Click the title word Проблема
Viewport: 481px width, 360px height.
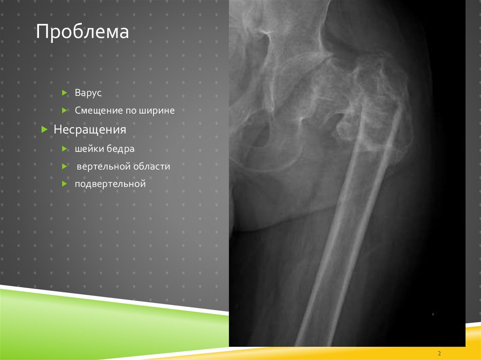pyautogui.click(x=82, y=32)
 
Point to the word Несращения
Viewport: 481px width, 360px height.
pyautogui.click(x=90, y=129)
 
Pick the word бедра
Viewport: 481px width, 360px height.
pyautogui.click(x=120, y=149)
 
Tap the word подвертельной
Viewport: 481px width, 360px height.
pyautogui.click(x=110, y=184)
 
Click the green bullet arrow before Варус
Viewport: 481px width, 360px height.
pyautogui.click(x=65, y=93)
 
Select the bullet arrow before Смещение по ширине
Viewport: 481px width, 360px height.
pyautogui.click(x=65, y=111)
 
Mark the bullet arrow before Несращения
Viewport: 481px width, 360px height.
pyautogui.click(x=44, y=129)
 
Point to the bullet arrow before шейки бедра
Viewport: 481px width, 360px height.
pyautogui.click(x=65, y=149)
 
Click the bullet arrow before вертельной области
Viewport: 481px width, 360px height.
pyautogui.click(x=65, y=167)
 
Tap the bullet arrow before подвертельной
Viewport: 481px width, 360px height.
pyautogui.click(x=65, y=184)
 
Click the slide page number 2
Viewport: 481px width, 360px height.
pyautogui.click(x=439, y=353)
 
